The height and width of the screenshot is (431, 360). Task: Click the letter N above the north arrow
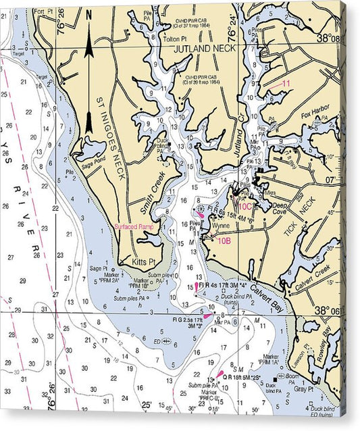[x=88, y=14]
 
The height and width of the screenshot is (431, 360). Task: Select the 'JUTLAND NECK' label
[x=204, y=49]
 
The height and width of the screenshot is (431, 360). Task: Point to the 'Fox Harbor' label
[x=314, y=115]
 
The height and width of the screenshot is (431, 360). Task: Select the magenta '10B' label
[x=224, y=240]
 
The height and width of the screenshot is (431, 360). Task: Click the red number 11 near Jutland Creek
[x=286, y=83]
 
